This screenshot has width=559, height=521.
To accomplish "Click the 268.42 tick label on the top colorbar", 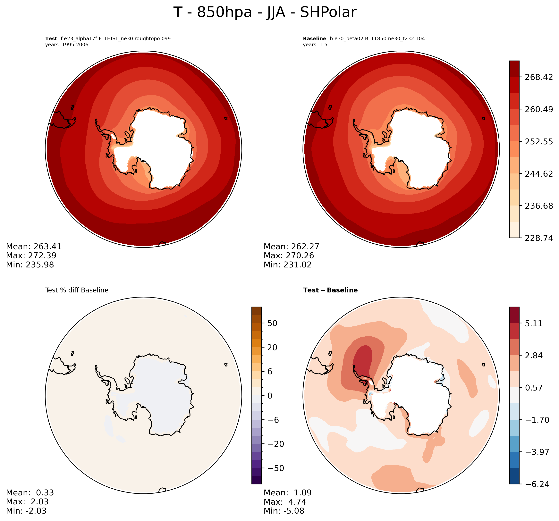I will pyautogui.click(x=538, y=77).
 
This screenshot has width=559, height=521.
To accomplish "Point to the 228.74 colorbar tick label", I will pyautogui.click(x=538, y=238).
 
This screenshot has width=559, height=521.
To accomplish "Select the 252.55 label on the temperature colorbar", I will pyautogui.click(x=538, y=141).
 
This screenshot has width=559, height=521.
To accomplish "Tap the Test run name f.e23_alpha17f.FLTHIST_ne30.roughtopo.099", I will pyautogui.click(x=115, y=38).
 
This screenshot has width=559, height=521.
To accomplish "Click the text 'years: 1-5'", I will pyautogui.click(x=315, y=45).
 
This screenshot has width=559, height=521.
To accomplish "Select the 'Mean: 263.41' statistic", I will pyautogui.click(x=34, y=247).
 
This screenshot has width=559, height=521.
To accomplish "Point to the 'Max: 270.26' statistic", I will pyautogui.click(x=289, y=256).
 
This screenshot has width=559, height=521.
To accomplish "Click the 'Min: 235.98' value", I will pyautogui.click(x=30, y=265).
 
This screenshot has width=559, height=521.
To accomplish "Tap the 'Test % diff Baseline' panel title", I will pyautogui.click(x=77, y=290).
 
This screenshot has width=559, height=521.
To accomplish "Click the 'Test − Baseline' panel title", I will pyautogui.click(x=330, y=290).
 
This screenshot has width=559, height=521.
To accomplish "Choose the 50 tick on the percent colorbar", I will pyautogui.click(x=272, y=323).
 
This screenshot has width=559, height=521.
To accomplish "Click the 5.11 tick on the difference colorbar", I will pyautogui.click(x=533, y=323).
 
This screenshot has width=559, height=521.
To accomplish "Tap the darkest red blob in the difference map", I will pyautogui.click(x=363, y=361).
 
